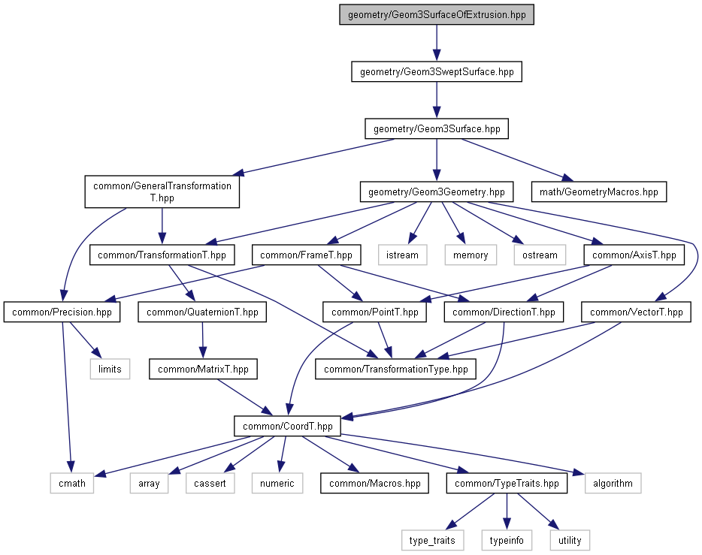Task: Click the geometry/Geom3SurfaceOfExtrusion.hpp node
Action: pos(437,16)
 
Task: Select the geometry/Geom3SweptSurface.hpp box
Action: pos(437,72)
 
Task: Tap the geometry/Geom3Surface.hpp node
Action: pos(437,128)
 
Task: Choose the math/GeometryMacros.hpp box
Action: pos(598,192)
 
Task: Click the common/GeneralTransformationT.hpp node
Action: pos(162,192)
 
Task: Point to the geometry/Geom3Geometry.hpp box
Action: pos(437,192)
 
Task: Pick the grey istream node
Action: pos(402,255)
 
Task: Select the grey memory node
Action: pos(471,255)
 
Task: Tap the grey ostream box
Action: pos(540,255)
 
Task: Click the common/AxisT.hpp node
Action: pos(634,255)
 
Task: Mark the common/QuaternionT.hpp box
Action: pos(202,312)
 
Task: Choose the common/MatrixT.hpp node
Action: pos(203,369)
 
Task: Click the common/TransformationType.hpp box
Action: pos(395,369)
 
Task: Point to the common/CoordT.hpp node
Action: pos(288,426)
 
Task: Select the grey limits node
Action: pos(110,369)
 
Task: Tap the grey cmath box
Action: pos(72,483)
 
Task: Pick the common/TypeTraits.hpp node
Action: pos(506,483)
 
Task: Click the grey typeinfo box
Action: pos(506,539)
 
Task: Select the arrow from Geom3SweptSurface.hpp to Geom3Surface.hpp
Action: pos(437,100)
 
